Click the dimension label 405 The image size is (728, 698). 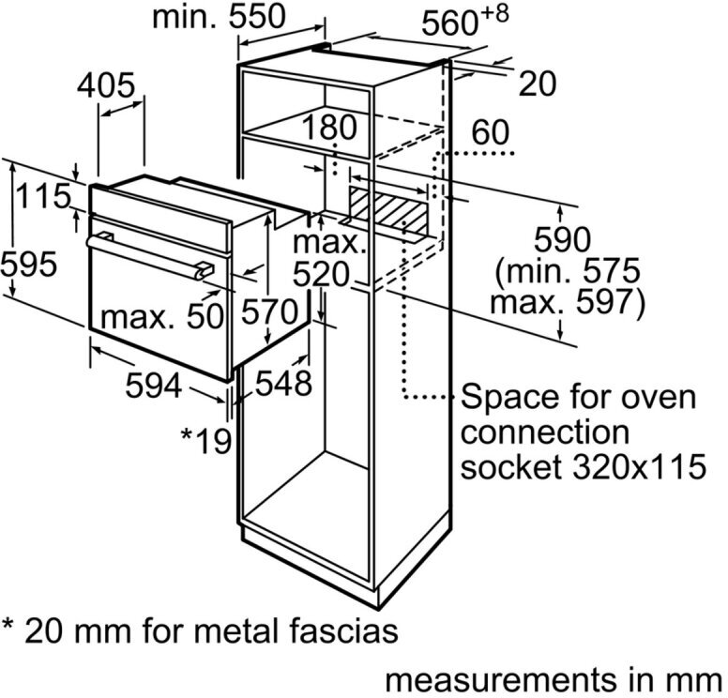106,85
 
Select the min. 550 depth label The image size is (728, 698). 219,17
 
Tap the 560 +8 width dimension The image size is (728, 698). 465,21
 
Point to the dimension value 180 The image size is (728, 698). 329,127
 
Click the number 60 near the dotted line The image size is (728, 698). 491,132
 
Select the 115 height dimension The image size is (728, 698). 43,196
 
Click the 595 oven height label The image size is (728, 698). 29,265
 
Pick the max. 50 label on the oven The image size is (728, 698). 162,317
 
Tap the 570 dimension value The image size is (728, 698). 269,311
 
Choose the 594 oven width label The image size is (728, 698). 154,386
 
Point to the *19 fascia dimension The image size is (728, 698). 205,440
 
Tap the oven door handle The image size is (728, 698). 150,257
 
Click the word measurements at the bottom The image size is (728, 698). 501,681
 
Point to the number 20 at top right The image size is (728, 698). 538,84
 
